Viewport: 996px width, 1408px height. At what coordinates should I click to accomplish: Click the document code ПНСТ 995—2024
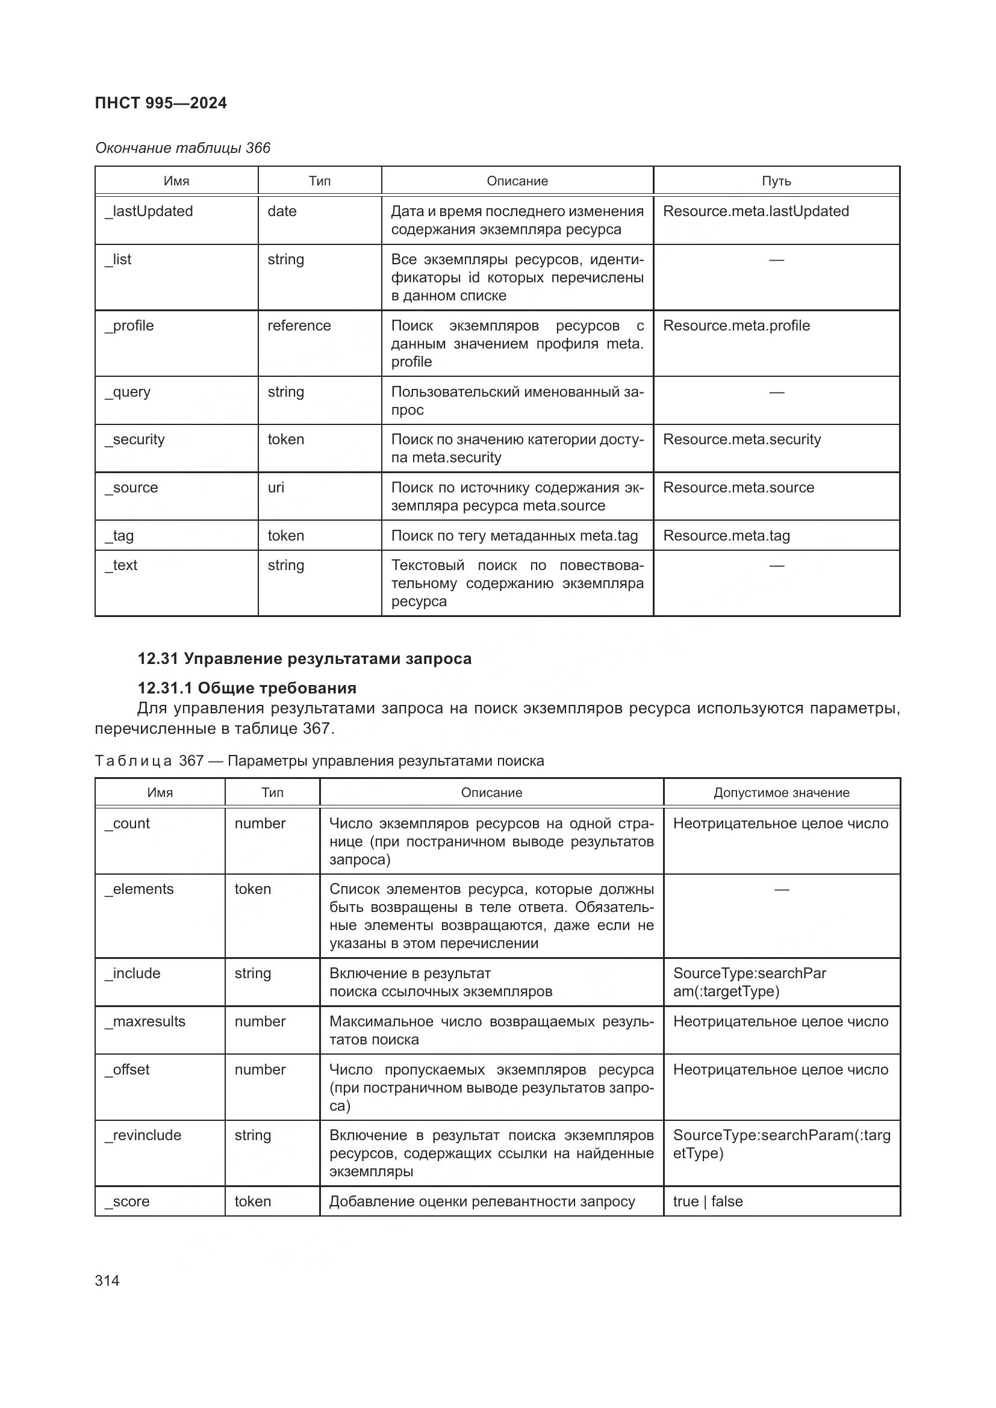coord(161,103)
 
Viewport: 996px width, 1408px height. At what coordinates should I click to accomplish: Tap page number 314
coord(107,1280)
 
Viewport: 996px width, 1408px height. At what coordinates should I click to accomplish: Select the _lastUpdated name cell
coord(149,211)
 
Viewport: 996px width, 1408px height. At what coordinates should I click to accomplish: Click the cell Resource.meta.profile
coord(736,326)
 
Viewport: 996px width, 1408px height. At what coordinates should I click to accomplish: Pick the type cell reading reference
coord(299,326)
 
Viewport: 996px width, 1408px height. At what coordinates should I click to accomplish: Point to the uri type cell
coord(276,488)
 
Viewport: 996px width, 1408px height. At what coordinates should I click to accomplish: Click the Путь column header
coord(776,181)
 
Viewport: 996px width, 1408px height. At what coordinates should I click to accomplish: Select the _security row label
coord(135,439)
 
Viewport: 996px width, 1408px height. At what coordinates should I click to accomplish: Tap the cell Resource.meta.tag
coord(726,536)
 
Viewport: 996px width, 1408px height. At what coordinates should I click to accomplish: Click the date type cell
coord(282,211)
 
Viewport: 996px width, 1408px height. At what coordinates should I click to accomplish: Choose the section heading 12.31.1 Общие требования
coord(246,688)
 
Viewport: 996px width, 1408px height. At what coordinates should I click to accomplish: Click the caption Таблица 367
coord(319,761)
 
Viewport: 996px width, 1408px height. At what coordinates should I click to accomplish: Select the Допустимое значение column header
coord(782,793)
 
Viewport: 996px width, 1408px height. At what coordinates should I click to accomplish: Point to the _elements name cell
coord(139,889)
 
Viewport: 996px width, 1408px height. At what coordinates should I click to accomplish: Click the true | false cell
coord(708,1202)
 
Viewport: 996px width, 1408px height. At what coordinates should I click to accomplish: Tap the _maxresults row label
coord(145,1022)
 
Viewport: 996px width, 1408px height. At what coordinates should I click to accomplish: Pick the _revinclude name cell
coord(143,1135)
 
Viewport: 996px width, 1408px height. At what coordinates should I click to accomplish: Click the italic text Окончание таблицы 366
coord(183,148)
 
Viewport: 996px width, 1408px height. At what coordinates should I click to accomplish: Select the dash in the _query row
coord(776,392)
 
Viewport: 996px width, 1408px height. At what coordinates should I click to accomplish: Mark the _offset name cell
coord(128,1070)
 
